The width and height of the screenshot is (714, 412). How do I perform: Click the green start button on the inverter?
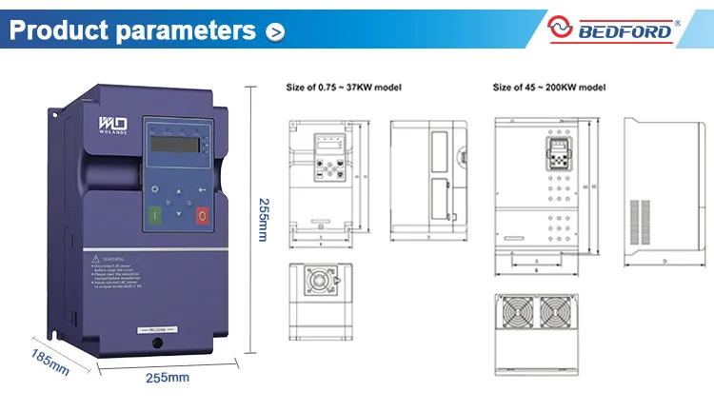pyautogui.click(x=154, y=214)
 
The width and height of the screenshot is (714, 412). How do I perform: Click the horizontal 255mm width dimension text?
pyautogui.click(x=167, y=377)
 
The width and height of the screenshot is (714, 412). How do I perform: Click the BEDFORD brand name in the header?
pyautogui.click(x=625, y=31)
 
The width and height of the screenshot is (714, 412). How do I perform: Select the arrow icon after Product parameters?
pyautogui.click(x=274, y=32)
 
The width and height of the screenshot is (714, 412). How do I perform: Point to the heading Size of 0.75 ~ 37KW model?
pyautogui.click(x=344, y=87)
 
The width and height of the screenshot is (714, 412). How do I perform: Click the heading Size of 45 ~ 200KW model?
pyautogui.click(x=550, y=87)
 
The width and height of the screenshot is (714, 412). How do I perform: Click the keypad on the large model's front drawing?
pyautogui.click(x=556, y=154)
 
